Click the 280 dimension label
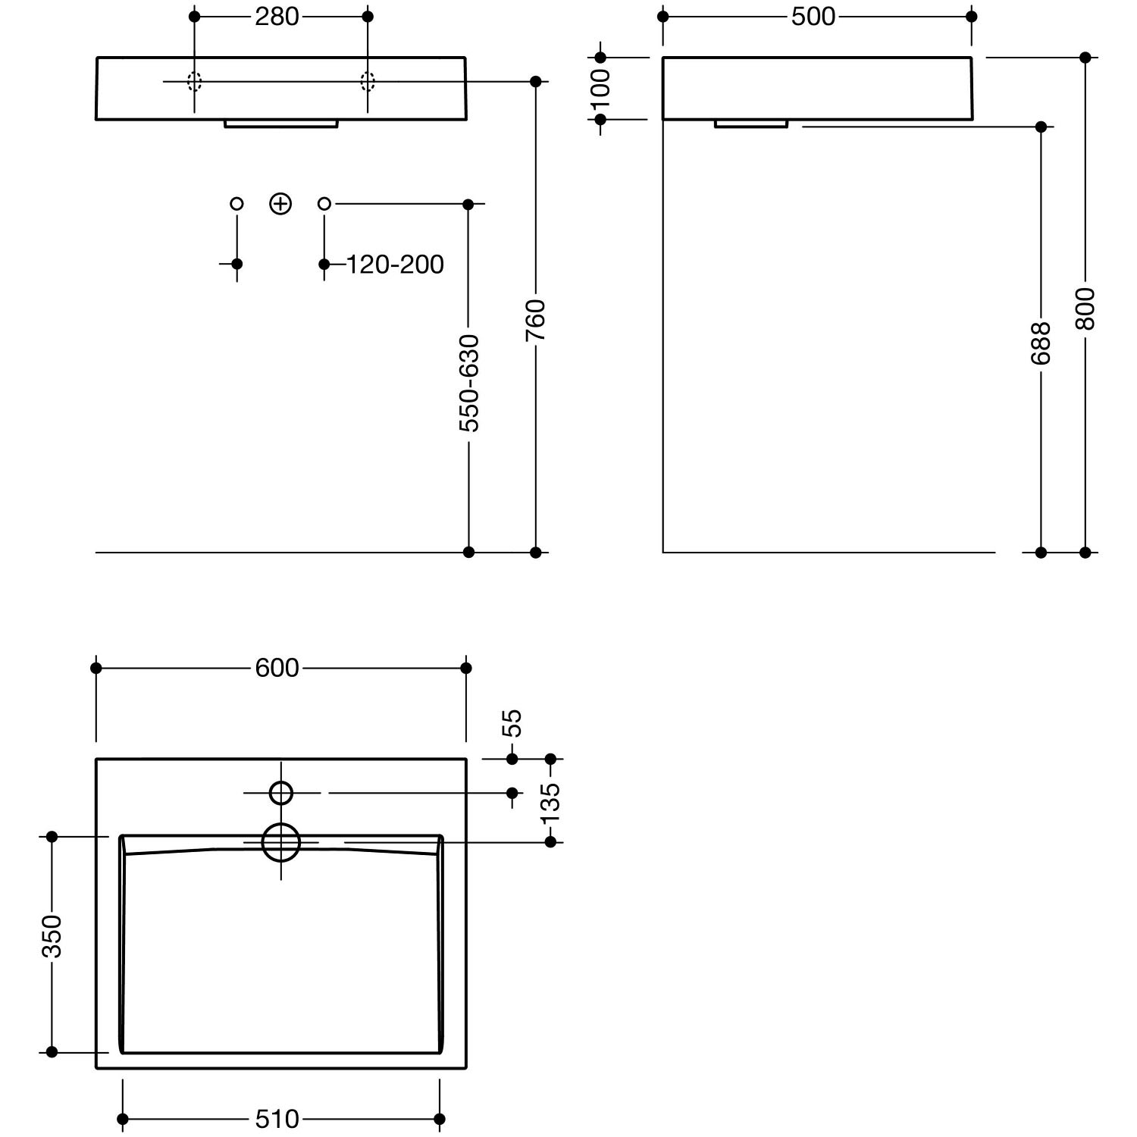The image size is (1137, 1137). click(277, 17)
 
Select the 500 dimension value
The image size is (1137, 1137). click(813, 17)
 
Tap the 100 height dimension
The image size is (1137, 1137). click(600, 89)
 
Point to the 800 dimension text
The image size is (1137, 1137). click(1085, 309)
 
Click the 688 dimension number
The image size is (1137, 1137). click(1041, 343)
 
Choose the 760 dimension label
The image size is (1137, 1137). click(536, 320)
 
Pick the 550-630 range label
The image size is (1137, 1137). click(469, 384)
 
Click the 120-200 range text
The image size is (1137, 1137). click(395, 265)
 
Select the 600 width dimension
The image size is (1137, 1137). click(277, 668)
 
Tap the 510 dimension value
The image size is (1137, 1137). click(277, 1119)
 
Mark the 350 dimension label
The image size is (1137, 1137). click(52, 937)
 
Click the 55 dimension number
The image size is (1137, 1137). click(512, 723)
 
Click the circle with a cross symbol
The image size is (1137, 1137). click(281, 204)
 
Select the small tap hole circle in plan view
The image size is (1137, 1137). click(281, 793)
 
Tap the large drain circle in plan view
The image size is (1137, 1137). click(281, 842)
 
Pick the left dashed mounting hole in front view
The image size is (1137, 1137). click(195, 81)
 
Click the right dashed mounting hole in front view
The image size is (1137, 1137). click(368, 81)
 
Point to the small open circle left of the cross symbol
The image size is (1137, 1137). click(237, 204)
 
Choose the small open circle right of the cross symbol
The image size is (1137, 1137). click(324, 204)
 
